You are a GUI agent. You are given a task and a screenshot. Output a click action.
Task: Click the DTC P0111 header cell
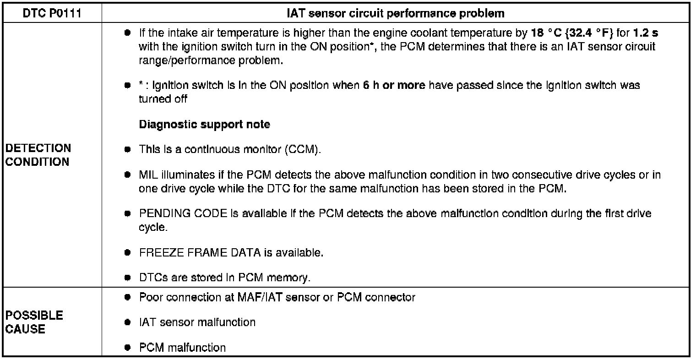(52, 13)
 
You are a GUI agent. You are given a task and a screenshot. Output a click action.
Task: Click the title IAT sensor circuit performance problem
(395, 13)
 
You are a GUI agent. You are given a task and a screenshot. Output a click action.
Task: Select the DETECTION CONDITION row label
(38, 155)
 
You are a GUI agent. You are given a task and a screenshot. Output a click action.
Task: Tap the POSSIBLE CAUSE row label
(34, 322)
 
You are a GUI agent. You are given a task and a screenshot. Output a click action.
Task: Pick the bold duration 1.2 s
(646, 34)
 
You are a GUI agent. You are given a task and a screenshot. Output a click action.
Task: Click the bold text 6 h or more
(394, 86)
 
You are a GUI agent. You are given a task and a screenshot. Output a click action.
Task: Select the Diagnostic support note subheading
(204, 125)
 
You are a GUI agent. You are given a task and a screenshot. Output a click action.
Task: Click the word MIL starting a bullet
(148, 175)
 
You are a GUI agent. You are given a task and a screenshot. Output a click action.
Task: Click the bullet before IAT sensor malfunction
(128, 322)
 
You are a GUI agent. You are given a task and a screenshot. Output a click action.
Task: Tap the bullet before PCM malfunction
(128, 348)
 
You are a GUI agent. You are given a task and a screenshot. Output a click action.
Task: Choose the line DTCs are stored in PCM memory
(224, 278)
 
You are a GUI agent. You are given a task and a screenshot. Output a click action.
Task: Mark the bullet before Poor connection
(128, 298)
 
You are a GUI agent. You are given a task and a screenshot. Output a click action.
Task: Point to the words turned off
(163, 99)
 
